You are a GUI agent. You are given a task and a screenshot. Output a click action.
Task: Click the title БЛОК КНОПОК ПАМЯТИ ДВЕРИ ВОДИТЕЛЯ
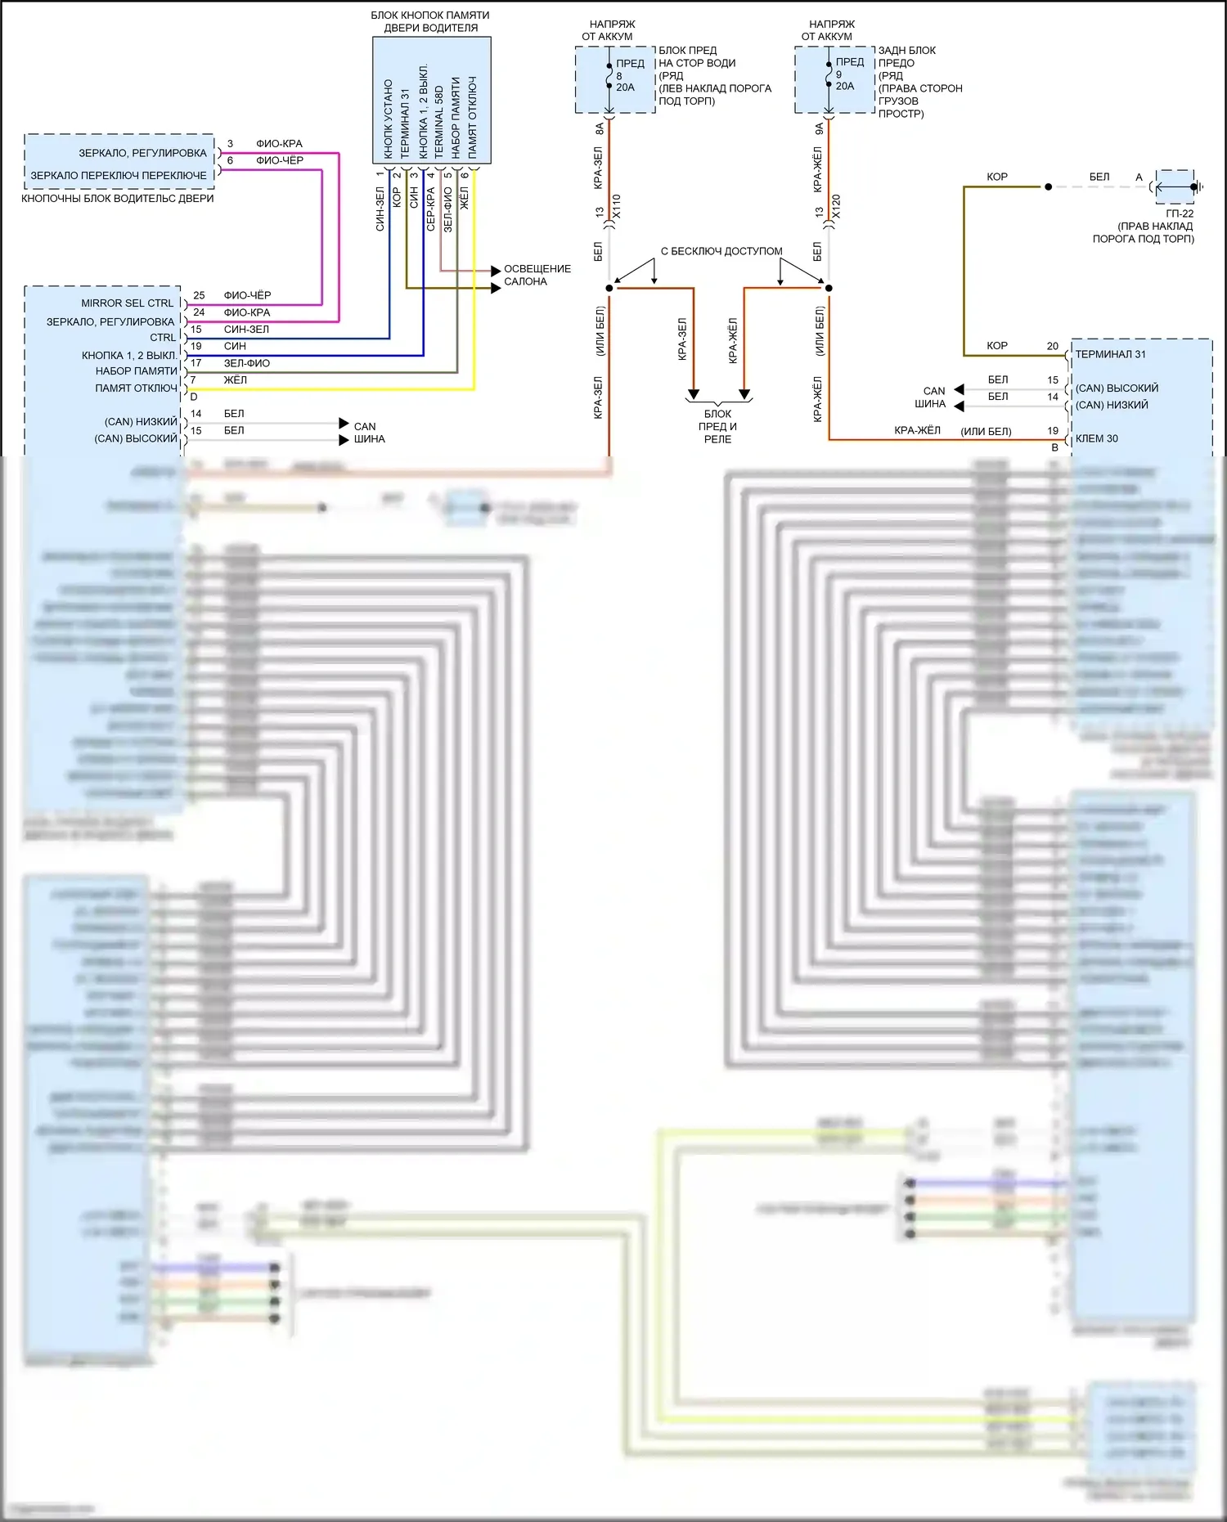[430, 21]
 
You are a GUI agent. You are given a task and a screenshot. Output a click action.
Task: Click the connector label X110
[617, 206]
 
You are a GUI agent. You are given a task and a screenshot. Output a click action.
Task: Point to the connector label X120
[836, 206]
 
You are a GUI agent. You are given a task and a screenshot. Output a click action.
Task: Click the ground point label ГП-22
[1180, 213]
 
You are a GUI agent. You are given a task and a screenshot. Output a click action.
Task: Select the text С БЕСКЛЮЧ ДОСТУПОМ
[721, 251]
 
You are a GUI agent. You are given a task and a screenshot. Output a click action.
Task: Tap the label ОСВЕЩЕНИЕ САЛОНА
[537, 275]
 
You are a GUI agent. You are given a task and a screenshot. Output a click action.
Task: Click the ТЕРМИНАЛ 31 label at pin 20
[1110, 354]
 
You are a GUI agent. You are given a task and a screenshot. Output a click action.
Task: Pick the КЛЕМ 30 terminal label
[1096, 438]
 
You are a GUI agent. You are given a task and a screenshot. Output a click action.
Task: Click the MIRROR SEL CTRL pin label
[127, 303]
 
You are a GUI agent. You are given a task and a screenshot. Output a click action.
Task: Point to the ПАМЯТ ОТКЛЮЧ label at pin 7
[136, 388]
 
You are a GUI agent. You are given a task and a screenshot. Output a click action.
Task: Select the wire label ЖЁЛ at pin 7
[235, 379]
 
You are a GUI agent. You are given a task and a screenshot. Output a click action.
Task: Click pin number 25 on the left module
[199, 295]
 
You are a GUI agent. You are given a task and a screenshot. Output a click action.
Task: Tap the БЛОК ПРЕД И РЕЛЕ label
[717, 426]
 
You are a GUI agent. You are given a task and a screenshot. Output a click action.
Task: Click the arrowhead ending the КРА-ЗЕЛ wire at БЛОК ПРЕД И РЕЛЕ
[693, 394]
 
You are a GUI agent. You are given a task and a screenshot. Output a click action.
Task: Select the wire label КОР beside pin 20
[996, 345]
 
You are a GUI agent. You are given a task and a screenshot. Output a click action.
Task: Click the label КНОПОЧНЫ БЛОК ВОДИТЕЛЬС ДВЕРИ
[117, 198]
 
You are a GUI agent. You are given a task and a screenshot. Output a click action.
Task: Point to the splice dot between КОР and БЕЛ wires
[1048, 187]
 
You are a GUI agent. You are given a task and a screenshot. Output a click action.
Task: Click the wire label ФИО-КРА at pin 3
[279, 143]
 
